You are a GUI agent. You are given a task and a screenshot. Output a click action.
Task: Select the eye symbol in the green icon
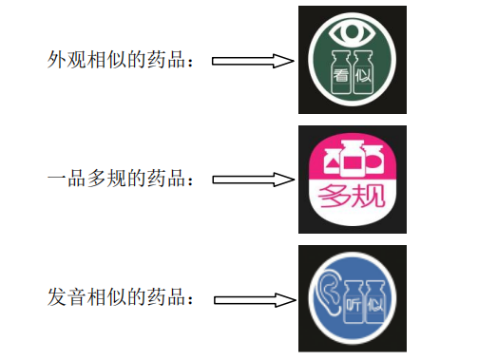click(352, 32)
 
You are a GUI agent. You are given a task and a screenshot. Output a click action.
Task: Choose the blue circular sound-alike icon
click(352, 299)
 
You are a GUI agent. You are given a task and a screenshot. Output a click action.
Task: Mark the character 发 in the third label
click(55, 297)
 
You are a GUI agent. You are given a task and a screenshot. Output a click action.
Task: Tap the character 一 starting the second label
click(55, 179)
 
